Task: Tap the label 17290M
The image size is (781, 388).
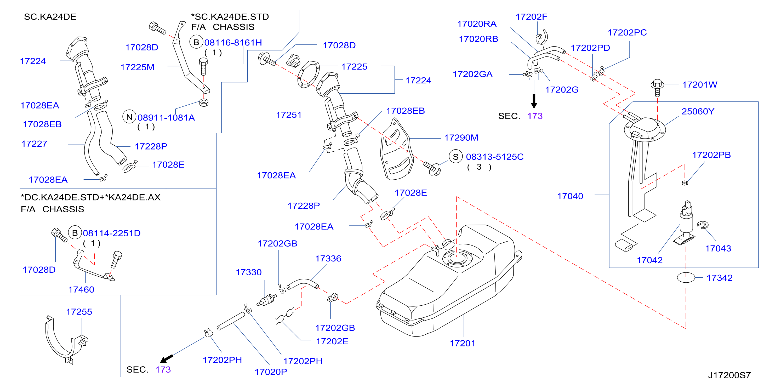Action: pos(461,138)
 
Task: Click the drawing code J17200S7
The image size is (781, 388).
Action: pos(729,375)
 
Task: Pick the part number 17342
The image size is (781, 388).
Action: pos(720,278)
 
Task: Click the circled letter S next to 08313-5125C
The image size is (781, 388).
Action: pos(456,157)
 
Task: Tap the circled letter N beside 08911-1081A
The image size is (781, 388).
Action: pos(129,117)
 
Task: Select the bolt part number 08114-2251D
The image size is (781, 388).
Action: pos(112,233)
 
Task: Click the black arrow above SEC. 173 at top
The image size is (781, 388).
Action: pos(534,101)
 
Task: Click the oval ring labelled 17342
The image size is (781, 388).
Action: pos(686,278)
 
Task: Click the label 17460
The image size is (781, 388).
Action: pos(81,289)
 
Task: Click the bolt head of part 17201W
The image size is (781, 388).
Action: pos(657,83)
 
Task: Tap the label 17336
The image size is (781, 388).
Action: pos(328,259)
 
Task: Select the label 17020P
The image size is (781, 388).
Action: pos(271,372)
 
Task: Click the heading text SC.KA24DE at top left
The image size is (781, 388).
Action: pos(50,17)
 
